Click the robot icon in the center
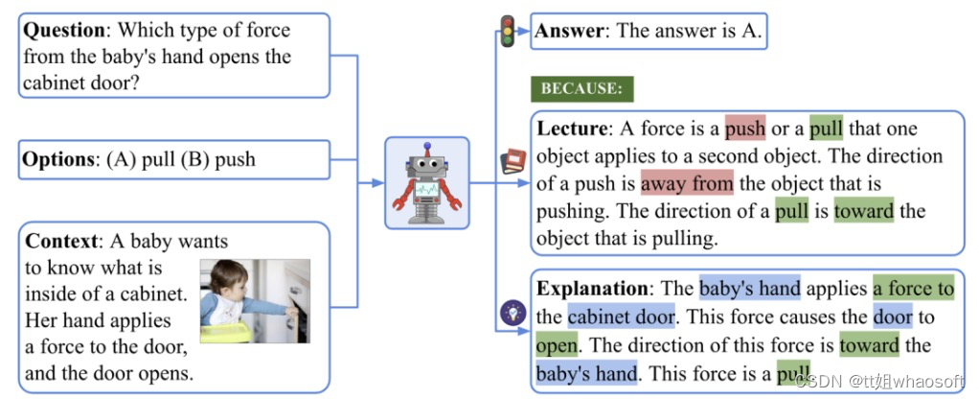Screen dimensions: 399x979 pyautogui.click(x=426, y=182)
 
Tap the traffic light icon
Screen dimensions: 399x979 pyautogui.click(x=508, y=31)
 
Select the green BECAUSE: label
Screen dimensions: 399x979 pyautogui.click(x=582, y=89)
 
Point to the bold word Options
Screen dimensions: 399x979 pyautogui.click(x=58, y=159)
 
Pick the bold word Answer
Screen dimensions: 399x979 pyautogui.click(x=570, y=31)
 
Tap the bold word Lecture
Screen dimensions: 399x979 pyautogui.click(x=572, y=129)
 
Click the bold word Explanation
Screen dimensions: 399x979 pyautogui.click(x=593, y=288)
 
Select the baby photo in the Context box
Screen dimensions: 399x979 pyautogui.click(x=255, y=300)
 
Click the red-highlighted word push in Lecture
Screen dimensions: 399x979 pyautogui.click(x=745, y=129)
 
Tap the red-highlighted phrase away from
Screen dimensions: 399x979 pyautogui.click(x=687, y=182)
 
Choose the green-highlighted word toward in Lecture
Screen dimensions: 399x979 pyautogui.click(x=863, y=210)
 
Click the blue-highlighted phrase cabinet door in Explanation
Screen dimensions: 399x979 pyautogui.click(x=621, y=316)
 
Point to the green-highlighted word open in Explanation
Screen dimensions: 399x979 pyautogui.click(x=558, y=343)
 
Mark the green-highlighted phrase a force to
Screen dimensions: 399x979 pyautogui.click(x=913, y=288)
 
